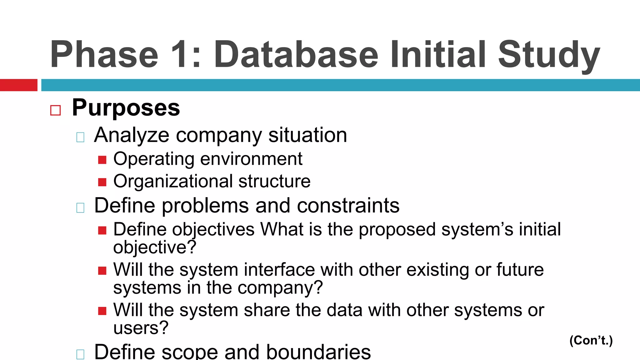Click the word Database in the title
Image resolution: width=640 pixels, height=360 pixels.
tap(296, 54)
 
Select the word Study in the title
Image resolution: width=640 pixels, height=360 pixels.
tap(549, 54)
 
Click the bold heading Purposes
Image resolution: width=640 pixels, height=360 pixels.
tap(126, 108)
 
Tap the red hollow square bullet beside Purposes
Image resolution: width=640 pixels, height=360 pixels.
tap(55, 110)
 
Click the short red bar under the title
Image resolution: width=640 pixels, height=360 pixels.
tap(18, 85)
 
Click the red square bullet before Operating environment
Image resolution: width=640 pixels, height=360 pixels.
tap(102, 160)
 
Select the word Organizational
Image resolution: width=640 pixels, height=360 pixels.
tap(173, 181)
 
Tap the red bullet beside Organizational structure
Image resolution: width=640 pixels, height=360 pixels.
tap(102, 182)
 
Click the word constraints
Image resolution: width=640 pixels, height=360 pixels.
tap(348, 206)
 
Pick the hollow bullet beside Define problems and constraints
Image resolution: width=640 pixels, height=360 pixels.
tap(80, 207)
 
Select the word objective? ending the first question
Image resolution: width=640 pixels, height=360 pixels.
tap(155, 247)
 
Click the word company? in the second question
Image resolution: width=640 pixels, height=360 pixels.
tap(280, 288)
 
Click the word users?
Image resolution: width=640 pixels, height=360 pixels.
tap(141, 328)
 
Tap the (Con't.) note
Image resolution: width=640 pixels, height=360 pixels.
tap(591, 340)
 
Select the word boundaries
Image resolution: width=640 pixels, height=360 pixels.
tap(318, 352)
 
